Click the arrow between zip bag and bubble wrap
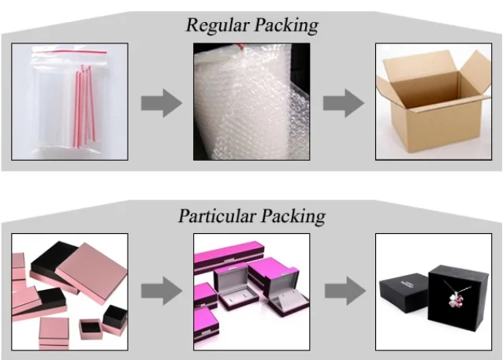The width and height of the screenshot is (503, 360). click(161, 103)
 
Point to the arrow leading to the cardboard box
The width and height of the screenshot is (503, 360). click(343, 103)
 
